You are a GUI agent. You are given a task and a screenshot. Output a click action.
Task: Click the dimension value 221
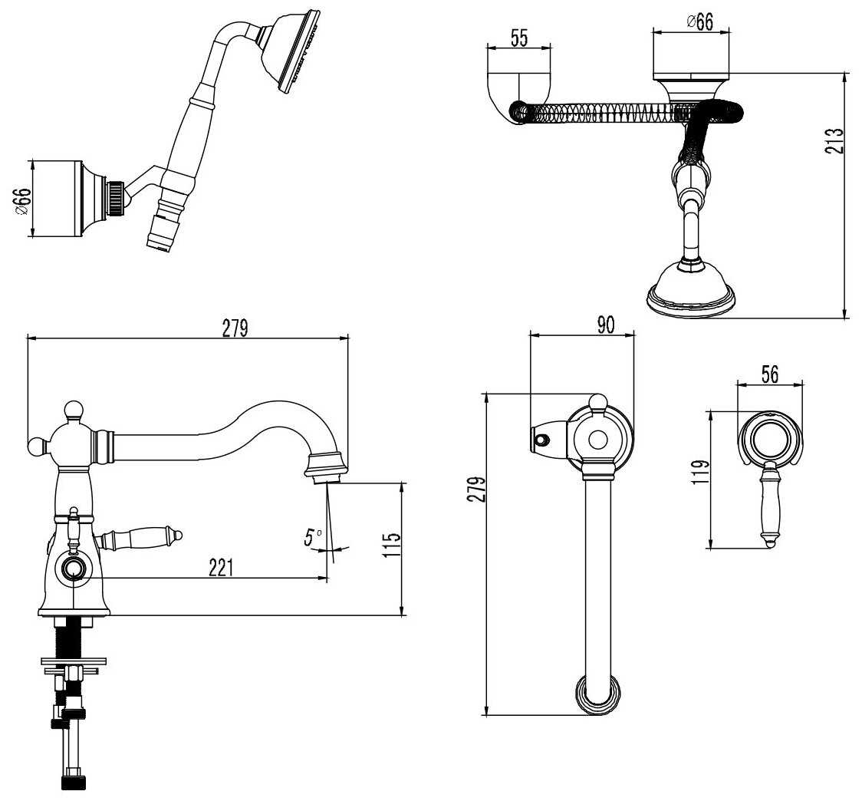(221, 568)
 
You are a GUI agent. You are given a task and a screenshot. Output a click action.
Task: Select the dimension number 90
(606, 325)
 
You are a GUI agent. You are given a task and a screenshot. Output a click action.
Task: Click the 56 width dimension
(769, 374)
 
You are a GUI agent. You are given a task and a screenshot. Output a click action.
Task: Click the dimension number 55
(519, 39)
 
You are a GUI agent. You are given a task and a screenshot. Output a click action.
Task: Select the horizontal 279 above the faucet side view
(235, 328)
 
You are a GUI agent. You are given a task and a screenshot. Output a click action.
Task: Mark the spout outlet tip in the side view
(327, 478)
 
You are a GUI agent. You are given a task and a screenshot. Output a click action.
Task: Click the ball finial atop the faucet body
(73, 410)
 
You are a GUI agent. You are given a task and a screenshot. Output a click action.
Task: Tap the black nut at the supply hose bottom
(74, 783)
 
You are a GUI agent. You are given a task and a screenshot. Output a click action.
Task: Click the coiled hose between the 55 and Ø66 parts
(606, 114)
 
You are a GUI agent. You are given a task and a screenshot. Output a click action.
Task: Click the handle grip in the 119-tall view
(769, 511)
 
